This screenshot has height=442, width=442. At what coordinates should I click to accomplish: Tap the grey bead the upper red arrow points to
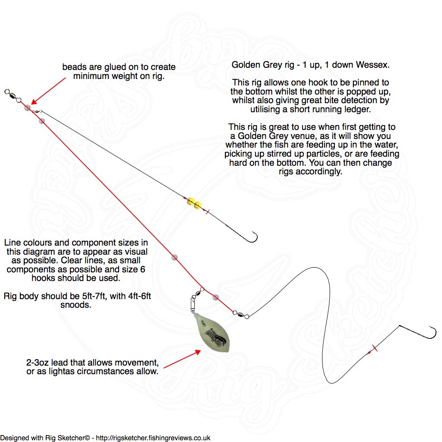pyautogui.click(x=28, y=107)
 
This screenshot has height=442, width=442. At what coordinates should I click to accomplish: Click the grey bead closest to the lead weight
pyautogui.click(x=215, y=297)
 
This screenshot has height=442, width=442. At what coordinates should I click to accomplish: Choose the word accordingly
pyautogui.click(x=321, y=171)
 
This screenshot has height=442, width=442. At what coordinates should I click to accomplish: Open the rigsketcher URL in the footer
pyautogui.click(x=153, y=438)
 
